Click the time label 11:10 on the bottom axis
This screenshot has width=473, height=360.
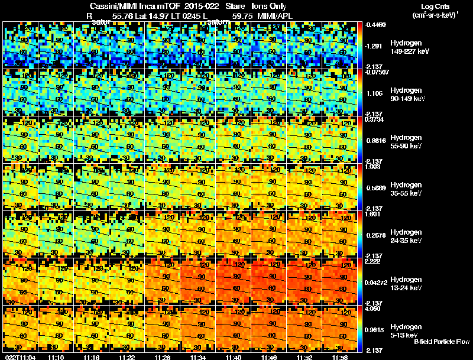click(57, 357)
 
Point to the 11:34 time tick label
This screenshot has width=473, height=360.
click(198, 357)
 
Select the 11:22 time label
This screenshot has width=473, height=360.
click(127, 357)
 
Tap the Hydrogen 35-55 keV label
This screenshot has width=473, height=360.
click(407, 189)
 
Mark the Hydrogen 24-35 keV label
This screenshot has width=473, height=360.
click(407, 236)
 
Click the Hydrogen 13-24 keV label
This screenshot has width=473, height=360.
click(407, 284)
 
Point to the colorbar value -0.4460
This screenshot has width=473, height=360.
click(376, 25)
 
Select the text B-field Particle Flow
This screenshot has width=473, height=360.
click(442, 342)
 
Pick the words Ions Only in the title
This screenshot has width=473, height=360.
click(269, 7)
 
